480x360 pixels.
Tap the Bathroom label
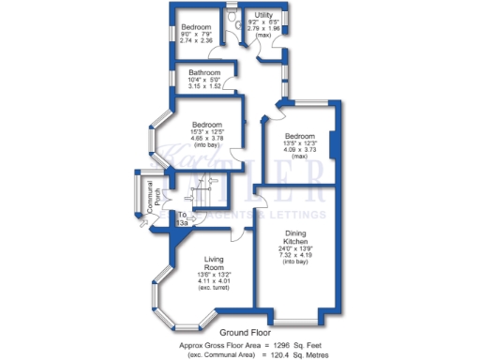tap(203, 72)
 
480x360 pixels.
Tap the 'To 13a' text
tap(183, 218)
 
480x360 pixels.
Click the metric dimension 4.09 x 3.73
tap(299, 148)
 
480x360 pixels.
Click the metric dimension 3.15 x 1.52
tap(203, 86)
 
